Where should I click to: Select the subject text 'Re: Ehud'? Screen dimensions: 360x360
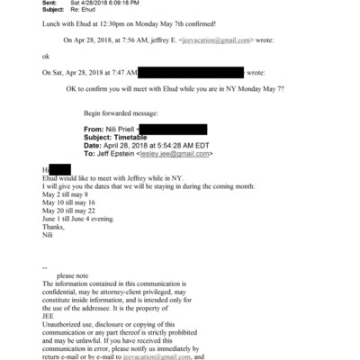point(95,12)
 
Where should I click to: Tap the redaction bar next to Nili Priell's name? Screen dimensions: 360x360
point(175,130)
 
